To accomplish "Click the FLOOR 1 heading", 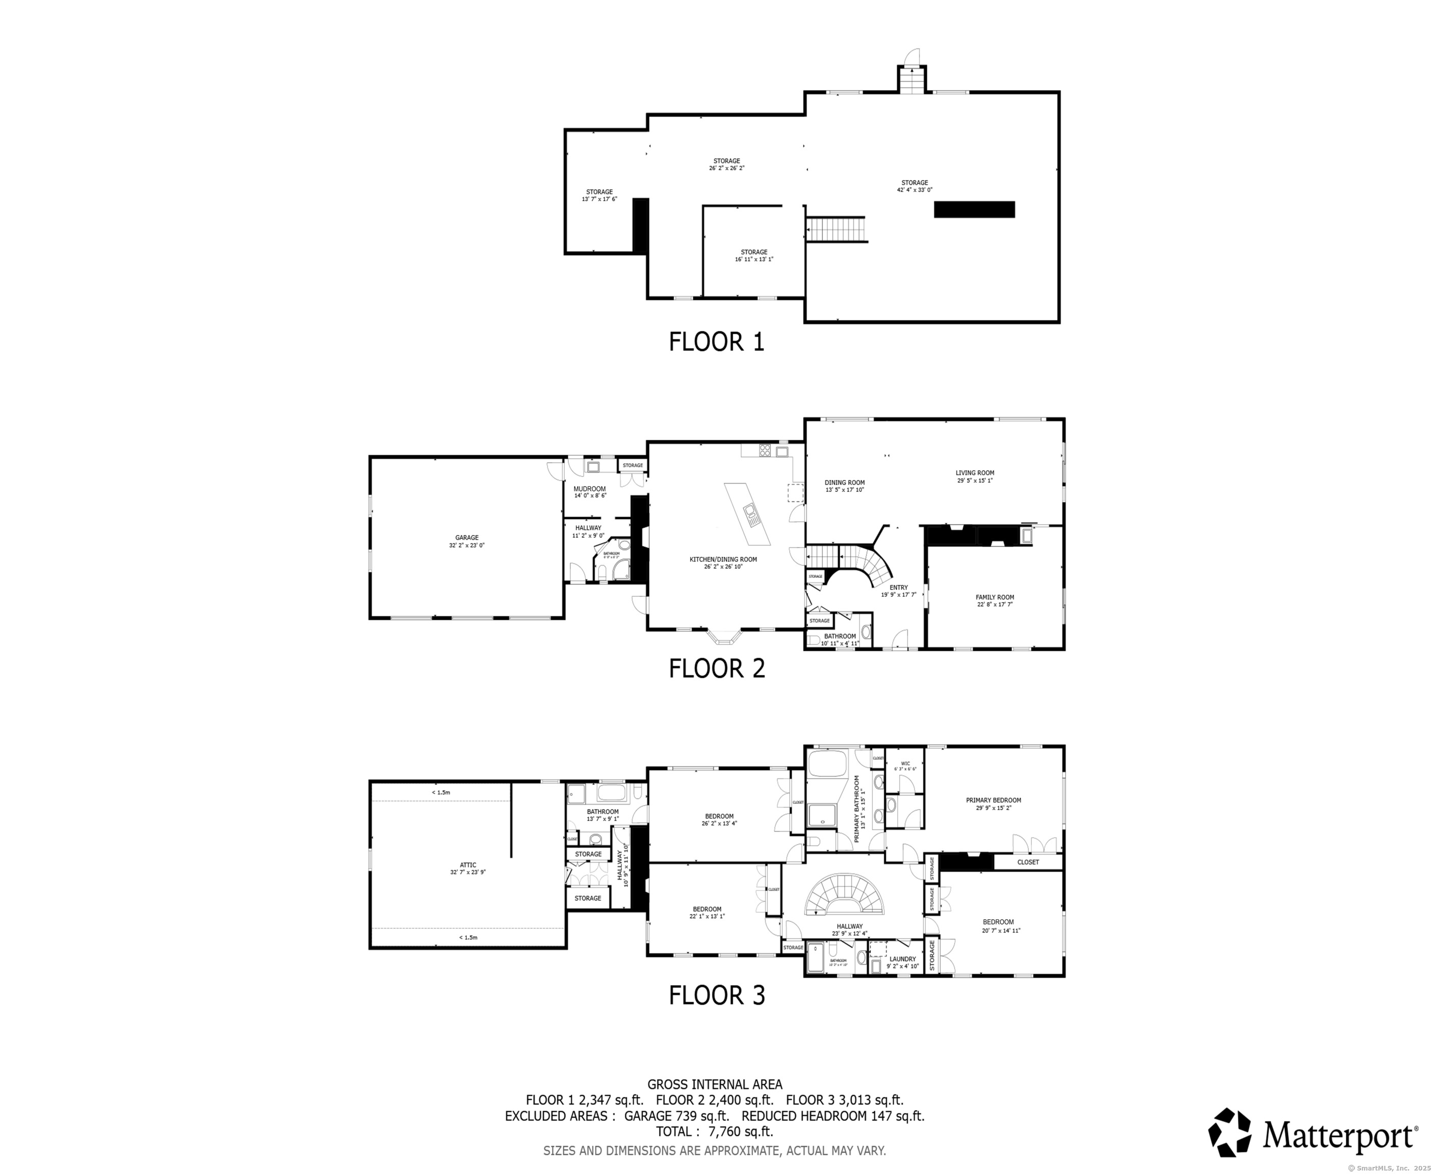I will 716,341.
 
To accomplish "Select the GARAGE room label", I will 467,538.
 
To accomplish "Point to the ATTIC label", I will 468,865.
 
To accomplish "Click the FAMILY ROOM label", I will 995,597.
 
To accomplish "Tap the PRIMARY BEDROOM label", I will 993,800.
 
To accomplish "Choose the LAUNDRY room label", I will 902,958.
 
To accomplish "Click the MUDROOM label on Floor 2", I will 589,488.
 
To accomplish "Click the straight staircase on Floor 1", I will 836,229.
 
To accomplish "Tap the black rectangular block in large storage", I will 974,209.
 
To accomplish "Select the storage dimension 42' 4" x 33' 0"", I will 915,190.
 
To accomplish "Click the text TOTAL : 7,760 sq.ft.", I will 714,1131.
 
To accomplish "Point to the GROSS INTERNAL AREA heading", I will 714,1084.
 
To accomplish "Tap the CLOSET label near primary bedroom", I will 1028,862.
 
